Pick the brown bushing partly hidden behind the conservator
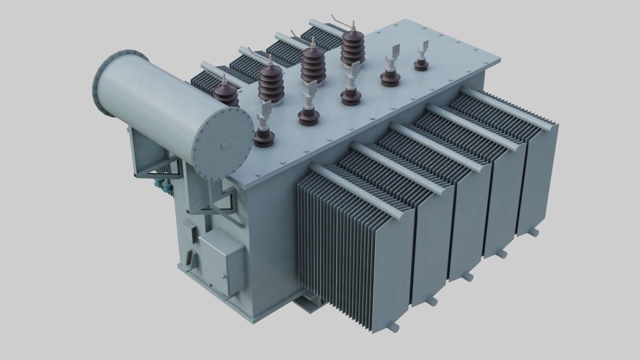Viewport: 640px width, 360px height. click(225, 93)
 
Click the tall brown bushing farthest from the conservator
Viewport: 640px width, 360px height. click(353, 47)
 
